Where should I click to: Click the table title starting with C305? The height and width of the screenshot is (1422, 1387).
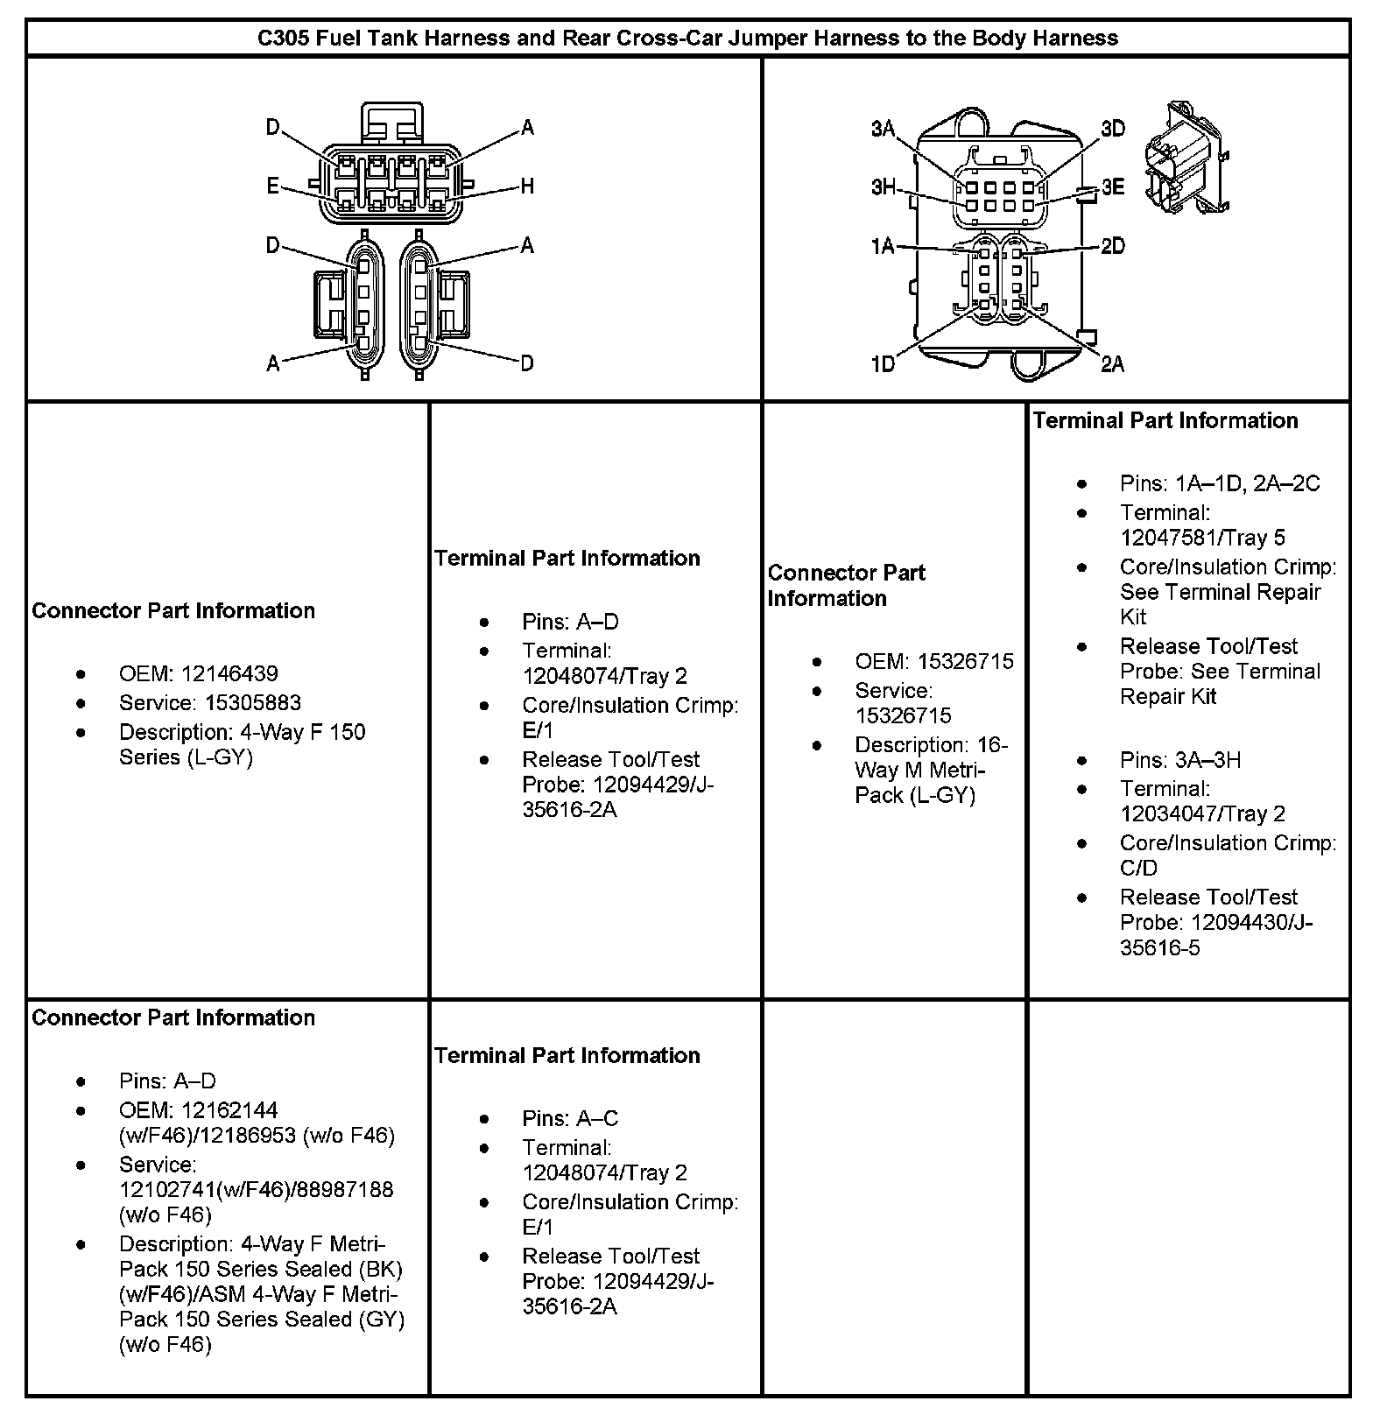click(687, 39)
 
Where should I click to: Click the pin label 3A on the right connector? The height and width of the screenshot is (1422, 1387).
click(883, 130)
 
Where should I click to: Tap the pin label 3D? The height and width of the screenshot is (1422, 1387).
click(1112, 130)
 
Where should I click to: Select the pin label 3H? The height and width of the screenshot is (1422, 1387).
click(883, 187)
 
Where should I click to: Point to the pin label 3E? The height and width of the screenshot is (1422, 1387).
click(1112, 187)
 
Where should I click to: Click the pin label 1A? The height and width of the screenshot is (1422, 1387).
click(883, 246)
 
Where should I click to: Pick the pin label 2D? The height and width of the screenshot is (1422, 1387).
click(1112, 246)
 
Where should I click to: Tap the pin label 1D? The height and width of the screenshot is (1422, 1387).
click(883, 363)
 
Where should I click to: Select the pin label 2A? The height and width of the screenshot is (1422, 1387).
click(1112, 363)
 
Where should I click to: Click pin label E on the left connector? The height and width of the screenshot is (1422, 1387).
click(273, 186)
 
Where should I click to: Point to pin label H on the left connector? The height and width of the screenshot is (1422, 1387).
click(527, 186)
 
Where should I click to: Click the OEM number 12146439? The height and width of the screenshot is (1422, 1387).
click(229, 673)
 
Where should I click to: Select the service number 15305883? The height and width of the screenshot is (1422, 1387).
click(253, 702)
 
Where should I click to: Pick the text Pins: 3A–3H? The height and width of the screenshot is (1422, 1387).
click(1180, 759)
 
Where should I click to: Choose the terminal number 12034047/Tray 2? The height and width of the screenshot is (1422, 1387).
click(1202, 813)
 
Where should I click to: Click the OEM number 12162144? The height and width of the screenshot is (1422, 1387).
click(229, 1109)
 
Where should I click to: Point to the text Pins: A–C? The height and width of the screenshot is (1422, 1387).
click(570, 1118)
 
